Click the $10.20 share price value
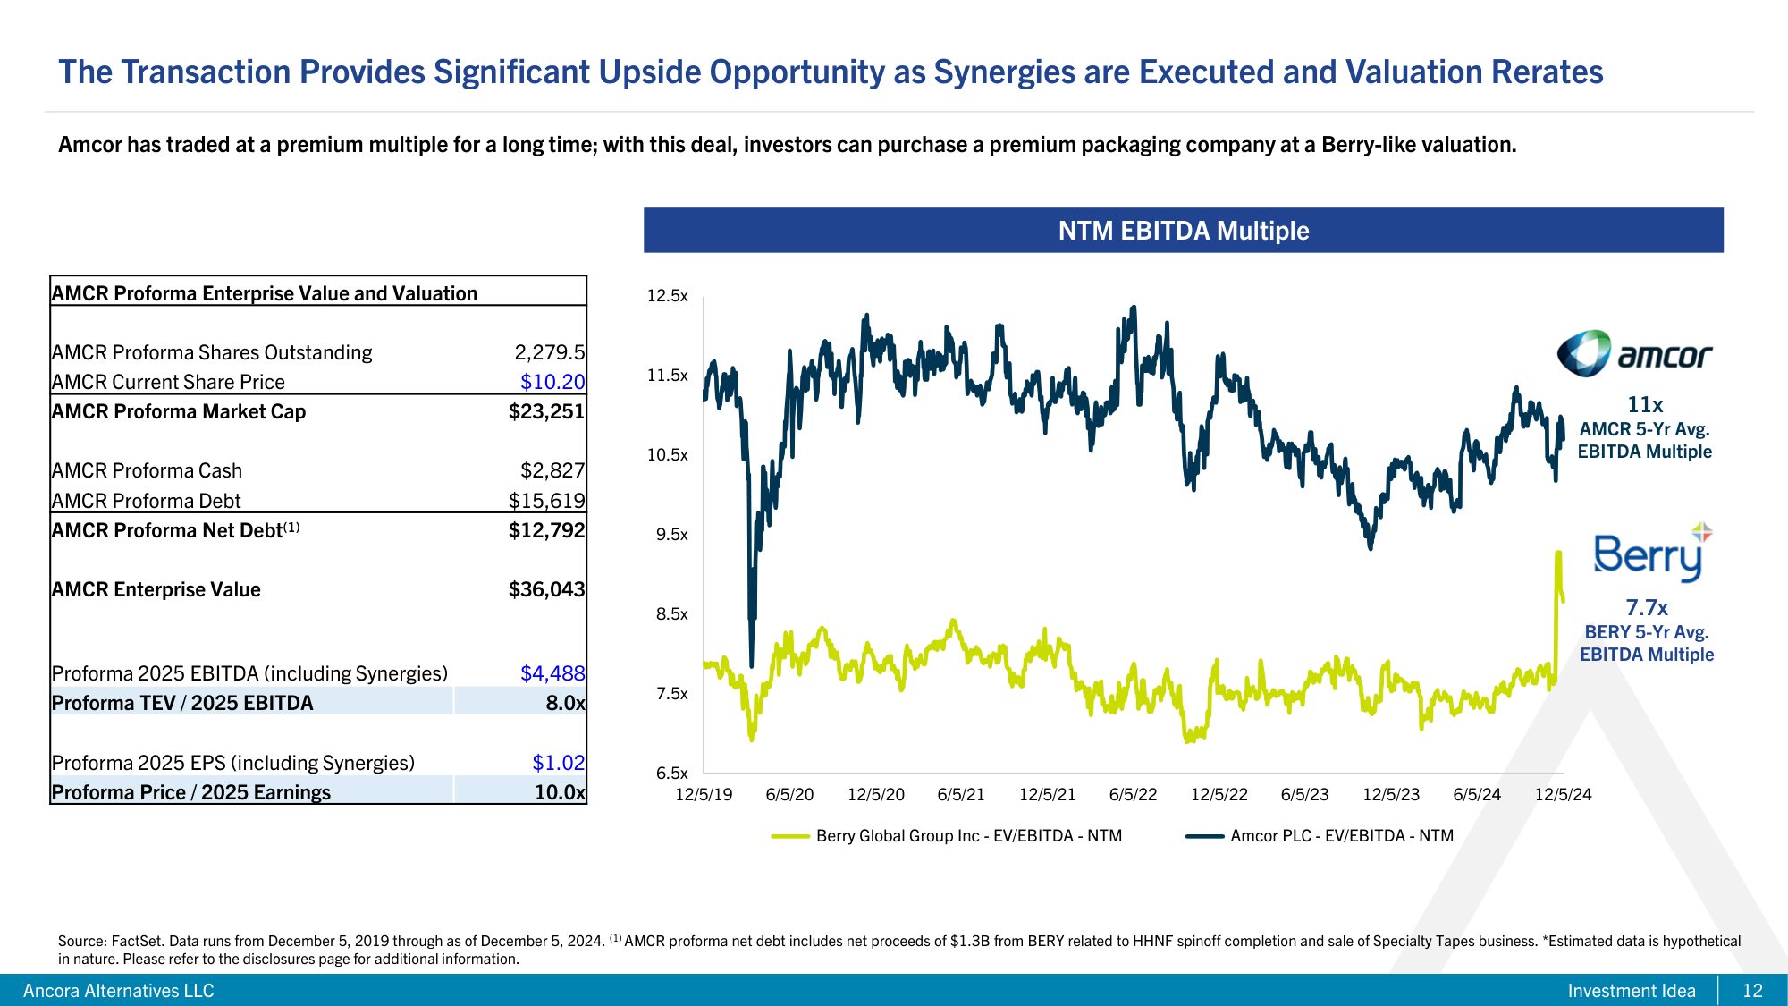pyautogui.click(x=552, y=382)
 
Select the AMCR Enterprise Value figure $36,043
pyautogui.click(x=546, y=589)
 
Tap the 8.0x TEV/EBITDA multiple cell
pyautogui.click(x=565, y=703)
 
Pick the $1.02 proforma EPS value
pyautogui.click(x=558, y=763)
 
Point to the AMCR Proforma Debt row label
pyautogui.click(x=147, y=501)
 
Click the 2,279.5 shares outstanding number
pyautogui.click(x=549, y=352)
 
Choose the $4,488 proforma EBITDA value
pyautogui.click(x=552, y=673)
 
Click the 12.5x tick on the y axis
pyautogui.click(x=668, y=296)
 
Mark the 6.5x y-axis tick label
pyautogui.click(x=671, y=774)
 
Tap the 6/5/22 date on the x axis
pyautogui.click(x=1133, y=794)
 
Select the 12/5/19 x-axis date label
pyautogui.click(x=704, y=794)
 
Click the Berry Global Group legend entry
pyautogui.click(x=947, y=836)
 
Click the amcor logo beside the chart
pyautogui.click(x=1634, y=354)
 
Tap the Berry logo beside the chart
pyautogui.click(x=1650, y=554)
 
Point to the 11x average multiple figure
pyautogui.click(x=1645, y=405)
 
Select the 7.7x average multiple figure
pyautogui.click(x=1647, y=608)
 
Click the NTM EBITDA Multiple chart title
pyautogui.click(x=1183, y=231)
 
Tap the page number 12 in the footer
pyautogui.click(x=1752, y=991)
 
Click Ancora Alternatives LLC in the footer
pyautogui.click(x=119, y=991)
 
